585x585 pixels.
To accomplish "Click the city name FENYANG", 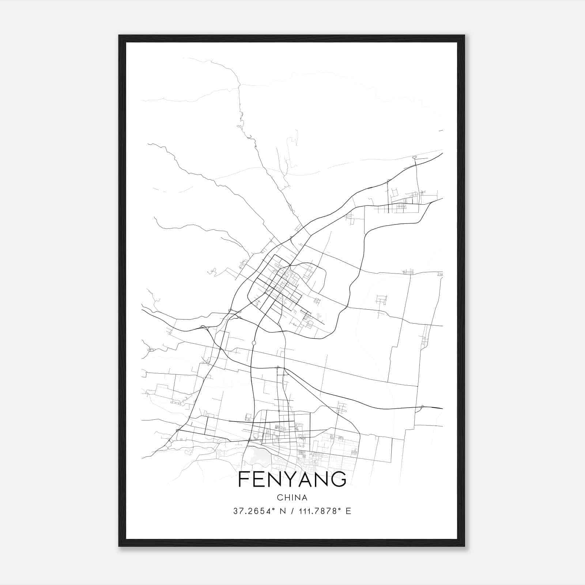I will pyautogui.click(x=292, y=479).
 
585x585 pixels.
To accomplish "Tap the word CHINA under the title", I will pyautogui.click(x=292, y=498).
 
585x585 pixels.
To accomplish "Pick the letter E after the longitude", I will pyautogui.click(x=348, y=511).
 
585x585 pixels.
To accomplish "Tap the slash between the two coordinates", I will pyautogui.click(x=291, y=511).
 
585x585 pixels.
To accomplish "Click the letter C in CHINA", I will pyautogui.click(x=280, y=498).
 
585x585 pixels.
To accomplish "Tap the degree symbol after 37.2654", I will pyautogui.click(x=273, y=509).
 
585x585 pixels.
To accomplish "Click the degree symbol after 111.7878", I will pyautogui.click(x=340, y=509).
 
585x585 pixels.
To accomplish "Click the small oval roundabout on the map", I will pyautogui.click(x=254, y=343).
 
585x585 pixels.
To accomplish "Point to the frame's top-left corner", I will pyautogui.click(x=119, y=35).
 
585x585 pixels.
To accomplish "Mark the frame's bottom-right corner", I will pyautogui.click(x=464, y=546).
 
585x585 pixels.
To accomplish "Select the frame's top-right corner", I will pyautogui.click(x=464, y=35).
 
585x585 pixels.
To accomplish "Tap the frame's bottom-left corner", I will pyautogui.click(x=119, y=546).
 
